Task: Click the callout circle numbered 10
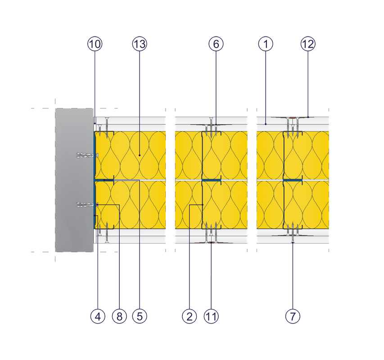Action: [x=95, y=44]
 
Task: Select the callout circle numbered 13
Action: [x=140, y=44]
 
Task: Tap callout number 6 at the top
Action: [x=216, y=44]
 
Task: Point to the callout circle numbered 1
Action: [x=266, y=44]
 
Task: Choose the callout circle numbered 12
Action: [x=308, y=44]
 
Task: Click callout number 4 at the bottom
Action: [x=98, y=316]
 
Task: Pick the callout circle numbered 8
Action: [x=119, y=316]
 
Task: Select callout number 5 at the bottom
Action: [x=140, y=316]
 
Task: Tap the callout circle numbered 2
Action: [x=190, y=316]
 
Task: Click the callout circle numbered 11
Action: [x=211, y=316]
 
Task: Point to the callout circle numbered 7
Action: [x=293, y=316]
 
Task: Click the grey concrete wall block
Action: [x=74, y=180]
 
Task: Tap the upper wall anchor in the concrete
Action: [x=87, y=155]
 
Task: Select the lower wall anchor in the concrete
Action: [x=87, y=205]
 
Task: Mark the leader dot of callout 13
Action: [x=140, y=155]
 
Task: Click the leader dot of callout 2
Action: [x=203, y=205]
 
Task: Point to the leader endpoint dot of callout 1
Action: [x=266, y=124]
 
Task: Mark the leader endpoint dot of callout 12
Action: [x=308, y=117]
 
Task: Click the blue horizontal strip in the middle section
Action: [x=211, y=180]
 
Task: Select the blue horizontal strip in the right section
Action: [x=293, y=180]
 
